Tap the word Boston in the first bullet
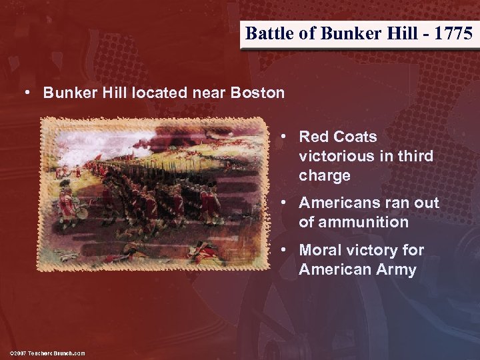[x=257, y=93]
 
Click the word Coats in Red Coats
[x=355, y=137]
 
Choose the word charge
[x=325, y=175]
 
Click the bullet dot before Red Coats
[x=284, y=137]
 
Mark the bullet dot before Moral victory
[x=284, y=250]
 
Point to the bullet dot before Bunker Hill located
[x=27, y=93]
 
